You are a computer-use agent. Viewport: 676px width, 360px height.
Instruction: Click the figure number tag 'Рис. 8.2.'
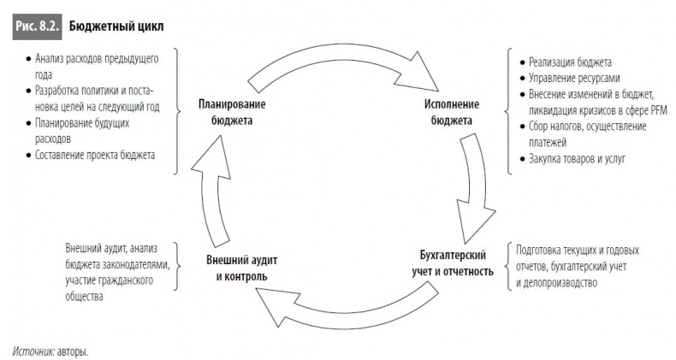37,27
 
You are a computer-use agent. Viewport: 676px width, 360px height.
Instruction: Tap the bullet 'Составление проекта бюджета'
95,155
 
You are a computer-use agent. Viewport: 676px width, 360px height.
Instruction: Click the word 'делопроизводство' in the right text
556,282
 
